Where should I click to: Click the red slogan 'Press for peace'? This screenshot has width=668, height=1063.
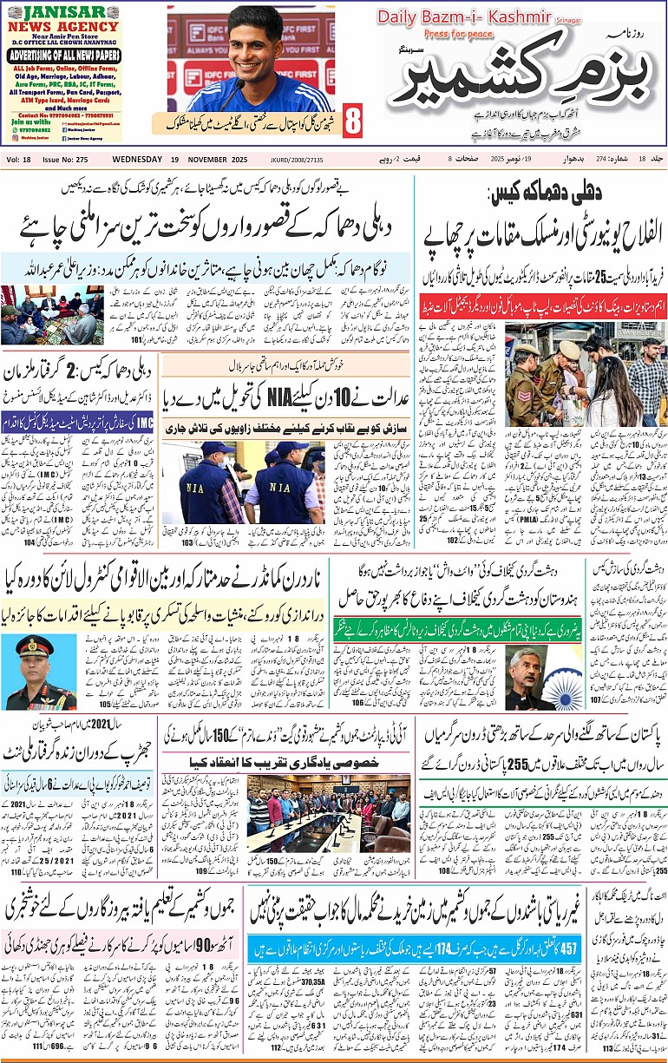[x=453, y=35]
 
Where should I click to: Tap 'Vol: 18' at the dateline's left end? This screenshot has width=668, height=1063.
[x=18, y=159]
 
